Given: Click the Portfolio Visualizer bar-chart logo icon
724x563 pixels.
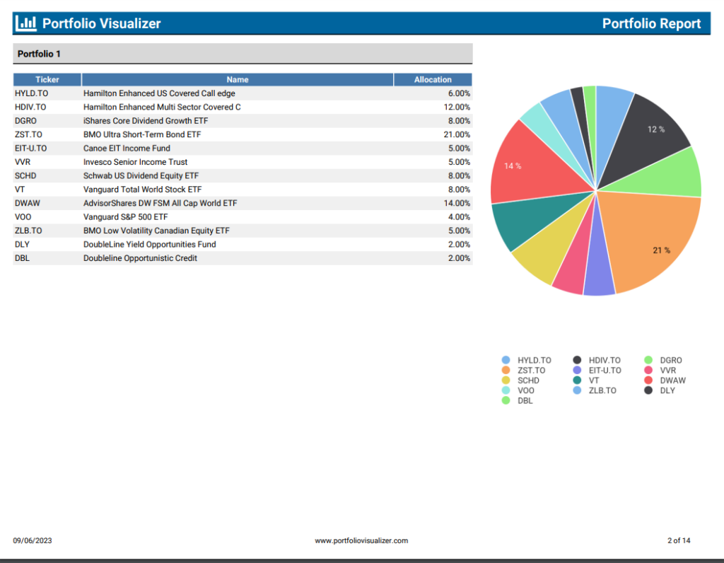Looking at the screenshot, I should tap(25, 23).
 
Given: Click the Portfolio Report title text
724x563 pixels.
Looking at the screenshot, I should tap(651, 23).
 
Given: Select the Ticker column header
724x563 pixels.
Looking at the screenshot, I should tap(47, 80).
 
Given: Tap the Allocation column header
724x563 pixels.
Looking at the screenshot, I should tap(433, 80).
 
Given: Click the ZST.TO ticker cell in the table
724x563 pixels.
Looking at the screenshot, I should tap(28, 134).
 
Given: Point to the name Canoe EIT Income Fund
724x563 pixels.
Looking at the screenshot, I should tap(127, 149).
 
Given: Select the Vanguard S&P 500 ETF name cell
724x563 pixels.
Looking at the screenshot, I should tap(125, 217).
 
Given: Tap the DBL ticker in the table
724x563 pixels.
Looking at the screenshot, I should tap(22, 258).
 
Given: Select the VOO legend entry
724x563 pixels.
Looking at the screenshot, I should tap(521, 390).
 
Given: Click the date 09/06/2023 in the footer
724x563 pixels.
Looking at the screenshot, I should tap(33, 541).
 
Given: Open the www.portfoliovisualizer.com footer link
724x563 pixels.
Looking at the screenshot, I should tap(361, 541).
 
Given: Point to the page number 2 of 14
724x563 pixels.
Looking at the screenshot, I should tap(679, 541).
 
